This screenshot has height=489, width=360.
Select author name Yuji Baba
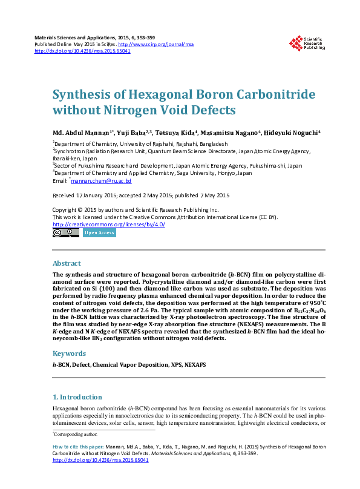click(x=130, y=133)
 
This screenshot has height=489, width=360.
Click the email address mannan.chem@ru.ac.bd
click(x=102, y=181)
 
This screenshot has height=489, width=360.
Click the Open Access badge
click(x=99, y=232)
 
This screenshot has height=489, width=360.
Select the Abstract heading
click(x=67, y=264)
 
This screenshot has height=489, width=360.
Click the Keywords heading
click(x=69, y=353)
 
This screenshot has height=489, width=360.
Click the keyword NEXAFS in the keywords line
click(x=195, y=365)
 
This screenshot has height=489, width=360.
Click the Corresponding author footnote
click(x=76, y=435)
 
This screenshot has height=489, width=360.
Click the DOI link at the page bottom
click(x=100, y=459)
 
